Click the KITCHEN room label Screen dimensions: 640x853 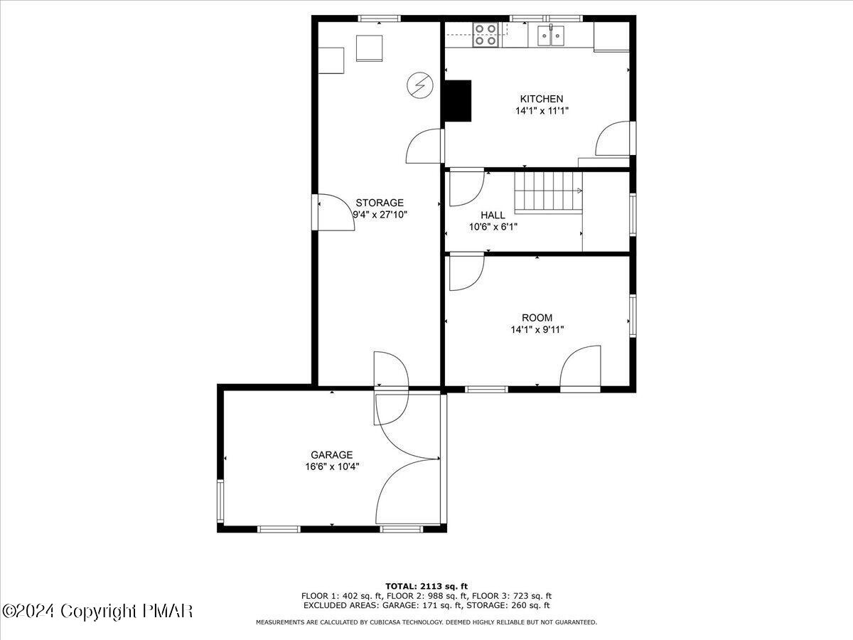[542, 99]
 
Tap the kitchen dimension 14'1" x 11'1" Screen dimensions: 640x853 [542, 111]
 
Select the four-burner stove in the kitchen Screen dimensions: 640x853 [485, 34]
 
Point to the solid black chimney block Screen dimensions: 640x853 [458, 100]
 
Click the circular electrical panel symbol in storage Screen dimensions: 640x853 [419, 85]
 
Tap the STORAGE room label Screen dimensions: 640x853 [380, 203]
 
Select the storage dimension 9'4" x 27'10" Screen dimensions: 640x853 [380, 214]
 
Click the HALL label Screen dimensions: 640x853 [493, 215]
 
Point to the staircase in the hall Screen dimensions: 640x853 [549, 191]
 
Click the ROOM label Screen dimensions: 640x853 [537, 318]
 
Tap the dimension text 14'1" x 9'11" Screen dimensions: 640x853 [537, 329]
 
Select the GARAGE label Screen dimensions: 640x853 [331, 455]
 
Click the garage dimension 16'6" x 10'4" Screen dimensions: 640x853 [331, 466]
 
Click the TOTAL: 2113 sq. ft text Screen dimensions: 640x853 [426, 586]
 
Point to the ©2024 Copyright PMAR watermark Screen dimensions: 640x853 [97, 611]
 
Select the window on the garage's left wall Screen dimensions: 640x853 [220, 501]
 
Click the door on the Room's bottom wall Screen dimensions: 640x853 [580, 370]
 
